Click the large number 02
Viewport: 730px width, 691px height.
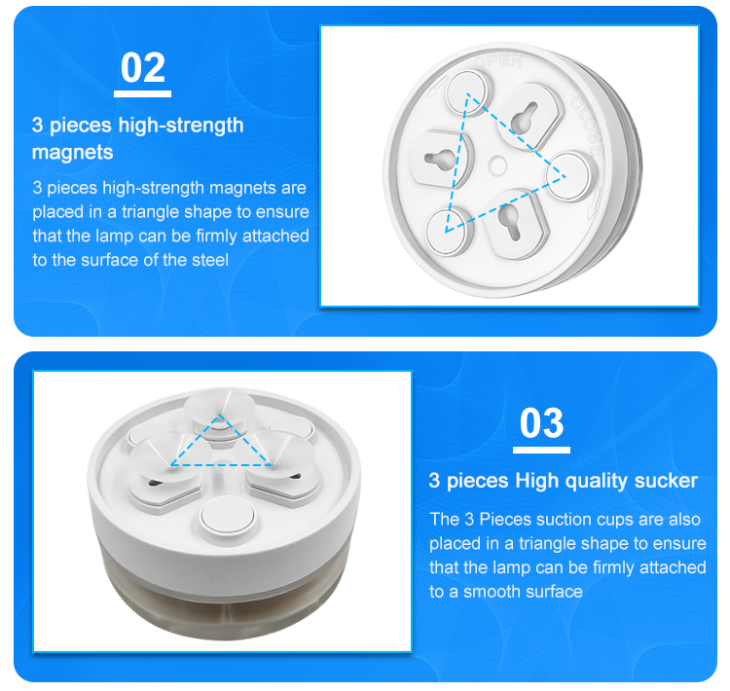coord(142,68)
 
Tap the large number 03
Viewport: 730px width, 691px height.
coord(541,422)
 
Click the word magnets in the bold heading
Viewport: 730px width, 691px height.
coord(73,152)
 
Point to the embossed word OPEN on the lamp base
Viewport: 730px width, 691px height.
coord(498,61)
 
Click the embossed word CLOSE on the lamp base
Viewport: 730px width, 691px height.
coord(588,126)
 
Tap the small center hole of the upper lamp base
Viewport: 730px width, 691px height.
coord(497,165)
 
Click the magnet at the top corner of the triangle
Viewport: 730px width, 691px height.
coord(467,91)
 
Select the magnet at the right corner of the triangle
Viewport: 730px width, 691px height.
coord(569,176)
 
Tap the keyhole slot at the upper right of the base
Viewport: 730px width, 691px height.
coord(524,117)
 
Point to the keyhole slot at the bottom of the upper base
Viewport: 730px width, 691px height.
coord(510,222)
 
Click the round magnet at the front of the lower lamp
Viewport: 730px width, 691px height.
coord(227,517)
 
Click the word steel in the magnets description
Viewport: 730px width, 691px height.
coord(210,260)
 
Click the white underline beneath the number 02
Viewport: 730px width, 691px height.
coord(142,93)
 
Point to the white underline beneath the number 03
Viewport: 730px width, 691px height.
coord(541,450)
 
